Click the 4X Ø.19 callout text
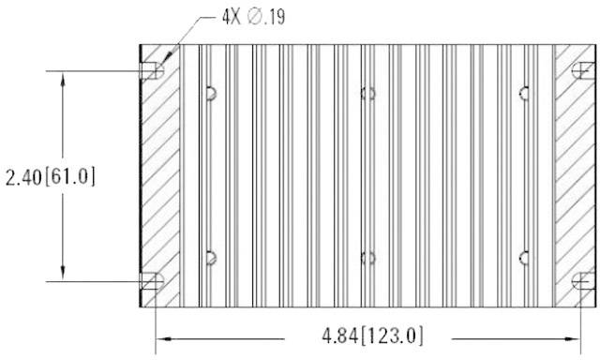tap(247, 17)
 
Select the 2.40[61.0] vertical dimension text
tap(51, 176)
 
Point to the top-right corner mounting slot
tap(583, 71)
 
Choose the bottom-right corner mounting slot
tap(583, 279)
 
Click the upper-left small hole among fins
tap(211, 92)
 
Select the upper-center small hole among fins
tap(367, 92)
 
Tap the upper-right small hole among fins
tap(524, 92)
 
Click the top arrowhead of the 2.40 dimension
tap(63, 79)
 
